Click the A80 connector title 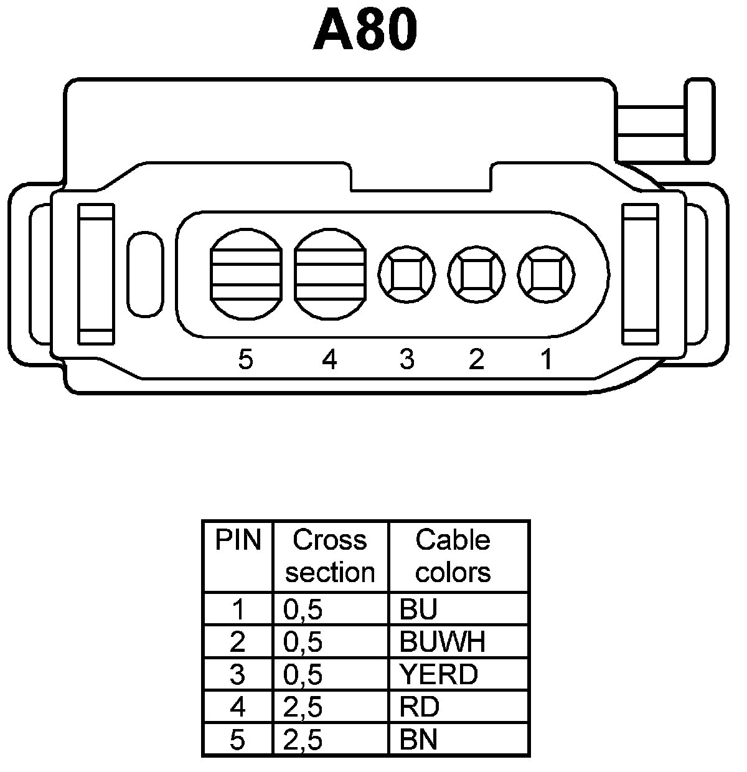point(365,29)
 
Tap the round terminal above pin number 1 point(546,274)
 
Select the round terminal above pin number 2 point(476,274)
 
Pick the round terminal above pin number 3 point(406,274)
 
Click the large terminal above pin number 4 point(330,274)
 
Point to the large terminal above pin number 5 point(245,274)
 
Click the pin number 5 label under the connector point(246,359)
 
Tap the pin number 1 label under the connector point(546,359)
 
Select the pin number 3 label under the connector point(406,359)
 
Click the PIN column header point(238,540)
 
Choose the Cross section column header point(330,556)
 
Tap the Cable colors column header point(453,556)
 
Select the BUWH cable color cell point(442,642)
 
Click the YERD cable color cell point(439,674)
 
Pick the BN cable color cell point(419,740)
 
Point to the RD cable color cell point(420,707)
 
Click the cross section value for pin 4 point(303,707)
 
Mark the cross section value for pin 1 point(303,610)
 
